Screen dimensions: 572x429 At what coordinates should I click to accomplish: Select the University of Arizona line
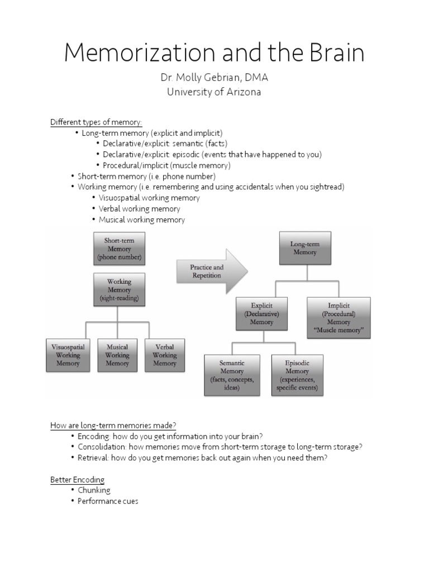pyautogui.click(x=214, y=92)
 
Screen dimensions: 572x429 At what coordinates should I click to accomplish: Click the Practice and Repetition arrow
pyautogui.click(x=209, y=271)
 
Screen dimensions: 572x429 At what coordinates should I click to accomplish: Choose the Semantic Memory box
pyautogui.click(x=232, y=375)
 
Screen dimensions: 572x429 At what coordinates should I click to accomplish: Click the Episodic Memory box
pyautogui.click(x=298, y=375)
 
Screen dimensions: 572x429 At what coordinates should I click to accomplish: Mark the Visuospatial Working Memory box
pyautogui.click(x=68, y=355)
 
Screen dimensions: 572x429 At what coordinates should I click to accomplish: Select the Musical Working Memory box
pyautogui.click(x=117, y=355)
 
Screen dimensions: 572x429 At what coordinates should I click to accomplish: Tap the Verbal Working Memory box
pyautogui.click(x=164, y=355)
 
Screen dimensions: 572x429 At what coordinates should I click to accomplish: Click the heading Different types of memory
pyautogui.click(x=96, y=122)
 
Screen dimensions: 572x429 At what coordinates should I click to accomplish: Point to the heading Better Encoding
pyautogui.click(x=77, y=480)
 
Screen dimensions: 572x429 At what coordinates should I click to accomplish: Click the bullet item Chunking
pyautogui.click(x=94, y=490)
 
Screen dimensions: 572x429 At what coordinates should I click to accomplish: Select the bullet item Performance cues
pyautogui.click(x=108, y=501)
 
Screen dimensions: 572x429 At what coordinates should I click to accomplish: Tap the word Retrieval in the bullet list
pyautogui.click(x=94, y=458)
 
